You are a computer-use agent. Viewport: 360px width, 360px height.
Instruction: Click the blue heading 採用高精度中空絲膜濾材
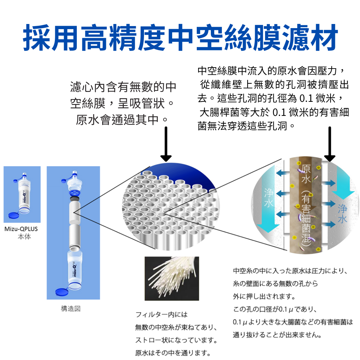[180, 37]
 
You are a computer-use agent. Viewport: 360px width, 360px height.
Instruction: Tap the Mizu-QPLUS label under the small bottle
[21, 229]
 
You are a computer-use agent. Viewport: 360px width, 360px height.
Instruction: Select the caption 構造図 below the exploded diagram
[71, 309]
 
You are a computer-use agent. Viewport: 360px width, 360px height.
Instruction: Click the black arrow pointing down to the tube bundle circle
[166, 144]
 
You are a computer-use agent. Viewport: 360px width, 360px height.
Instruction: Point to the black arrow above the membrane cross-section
[330, 144]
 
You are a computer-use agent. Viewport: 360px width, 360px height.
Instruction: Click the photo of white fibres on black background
[172, 278]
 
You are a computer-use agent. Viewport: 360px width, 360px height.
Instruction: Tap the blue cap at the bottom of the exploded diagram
[62, 292]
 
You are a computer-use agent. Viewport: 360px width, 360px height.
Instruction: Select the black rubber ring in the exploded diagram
[75, 199]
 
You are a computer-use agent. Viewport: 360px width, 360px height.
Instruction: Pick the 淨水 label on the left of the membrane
[268, 198]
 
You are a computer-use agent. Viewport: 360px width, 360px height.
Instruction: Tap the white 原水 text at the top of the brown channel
[306, 174]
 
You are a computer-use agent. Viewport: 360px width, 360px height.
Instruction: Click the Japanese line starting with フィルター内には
[161, 314]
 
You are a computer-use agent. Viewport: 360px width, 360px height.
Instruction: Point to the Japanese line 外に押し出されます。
[264, 297]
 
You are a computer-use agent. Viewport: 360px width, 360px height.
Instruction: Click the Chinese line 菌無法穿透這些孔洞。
[246, 126]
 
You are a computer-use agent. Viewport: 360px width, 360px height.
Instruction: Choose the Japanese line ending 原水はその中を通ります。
[173, 353]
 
